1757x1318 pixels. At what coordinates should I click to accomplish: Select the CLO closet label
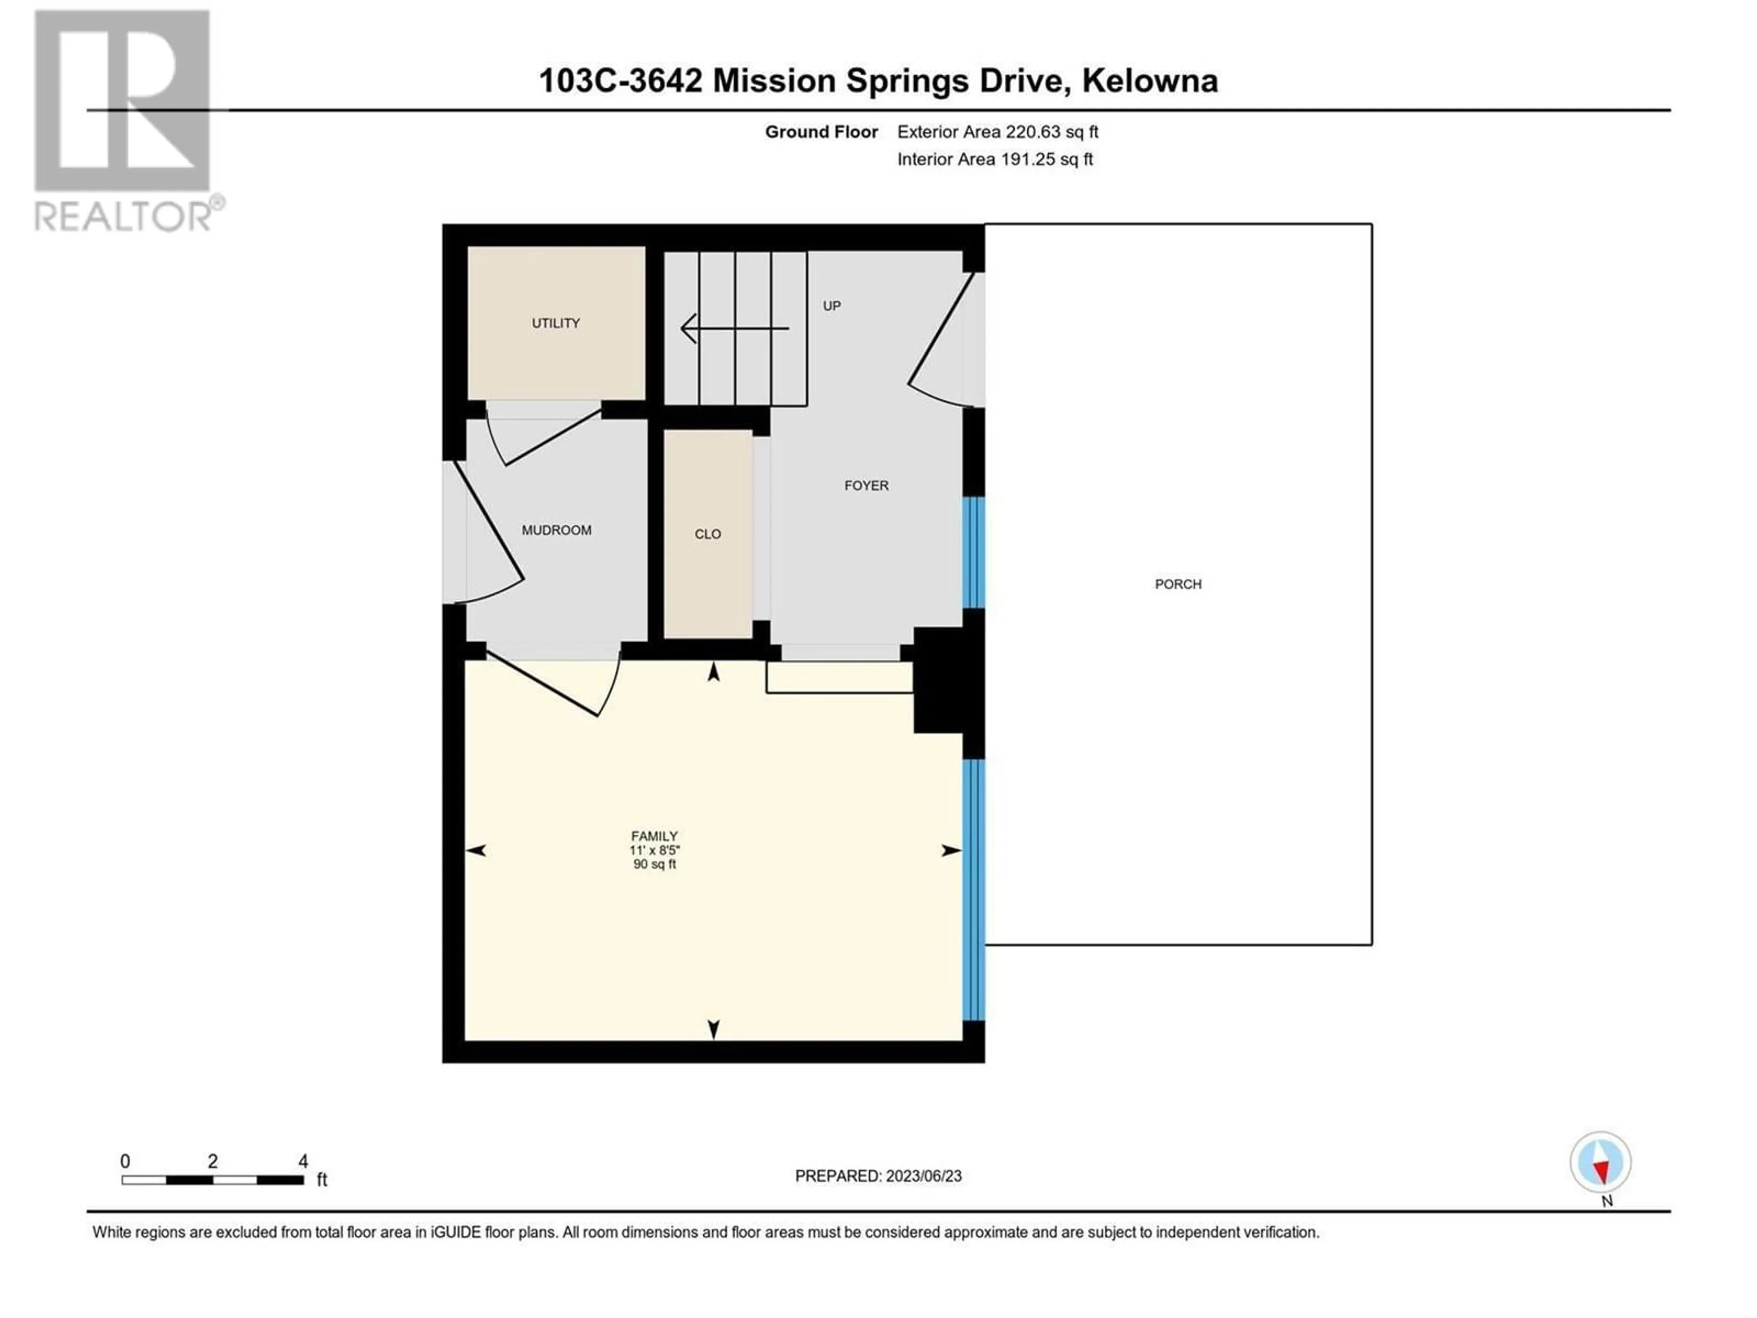[708, 534]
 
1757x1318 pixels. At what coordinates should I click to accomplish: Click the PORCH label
[1178, 584]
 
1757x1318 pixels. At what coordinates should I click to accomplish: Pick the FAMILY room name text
[654, 836]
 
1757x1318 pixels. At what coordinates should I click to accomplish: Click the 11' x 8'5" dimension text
[654, 850]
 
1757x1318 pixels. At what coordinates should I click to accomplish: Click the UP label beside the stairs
[832, 306]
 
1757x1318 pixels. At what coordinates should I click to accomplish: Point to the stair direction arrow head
[688, 328]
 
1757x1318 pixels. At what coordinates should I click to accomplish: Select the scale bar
[213, 1180]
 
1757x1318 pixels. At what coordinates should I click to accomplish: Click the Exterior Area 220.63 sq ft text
[997, 132]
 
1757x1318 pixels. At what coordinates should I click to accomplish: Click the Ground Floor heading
[821, 132]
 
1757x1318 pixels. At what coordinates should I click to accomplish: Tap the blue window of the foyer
[974, 553]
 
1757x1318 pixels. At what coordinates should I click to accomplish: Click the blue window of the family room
[974, 890]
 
